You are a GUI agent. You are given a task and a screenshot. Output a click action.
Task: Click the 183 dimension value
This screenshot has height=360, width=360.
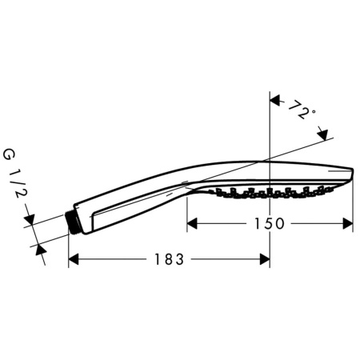click(169, 259)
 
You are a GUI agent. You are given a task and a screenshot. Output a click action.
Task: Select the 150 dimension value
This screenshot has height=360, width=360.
click(270, 224)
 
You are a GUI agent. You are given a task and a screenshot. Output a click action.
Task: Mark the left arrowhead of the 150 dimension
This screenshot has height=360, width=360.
click(192, 224)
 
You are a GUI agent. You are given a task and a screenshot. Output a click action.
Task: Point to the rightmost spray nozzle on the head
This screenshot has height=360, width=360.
click(330, 187)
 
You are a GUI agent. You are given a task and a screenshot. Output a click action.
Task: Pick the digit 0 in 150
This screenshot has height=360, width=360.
click(281, 224)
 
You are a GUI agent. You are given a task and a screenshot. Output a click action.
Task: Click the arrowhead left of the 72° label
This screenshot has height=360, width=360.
click(274, 101)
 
